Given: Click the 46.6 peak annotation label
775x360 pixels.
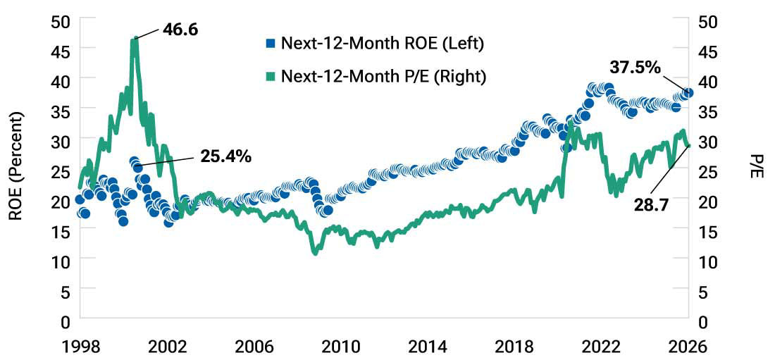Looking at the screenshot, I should click(181, 31).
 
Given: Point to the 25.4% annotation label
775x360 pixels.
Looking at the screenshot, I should click(225, 156).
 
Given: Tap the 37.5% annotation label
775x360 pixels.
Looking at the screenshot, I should click(635, 68).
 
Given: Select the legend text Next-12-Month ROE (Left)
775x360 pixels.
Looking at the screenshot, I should click(382, 44).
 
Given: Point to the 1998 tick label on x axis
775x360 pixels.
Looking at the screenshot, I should click(80, 347).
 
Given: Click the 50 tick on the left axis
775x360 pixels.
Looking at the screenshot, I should click(61, 20).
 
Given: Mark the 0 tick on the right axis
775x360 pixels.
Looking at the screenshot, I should click(702, 321).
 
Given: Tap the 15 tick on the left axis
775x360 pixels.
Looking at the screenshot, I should click(61, 231).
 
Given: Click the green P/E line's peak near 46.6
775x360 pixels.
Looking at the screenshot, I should click(134, 39).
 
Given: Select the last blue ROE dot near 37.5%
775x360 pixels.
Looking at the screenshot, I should click(688, 93).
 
